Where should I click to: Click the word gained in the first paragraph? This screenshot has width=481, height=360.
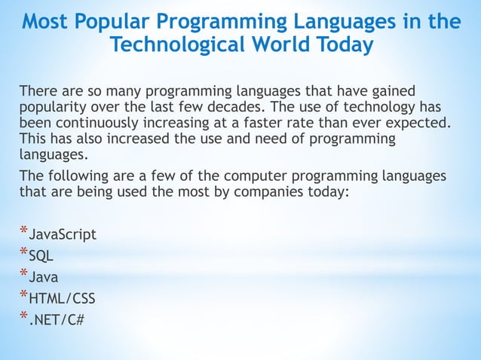pos(393,91)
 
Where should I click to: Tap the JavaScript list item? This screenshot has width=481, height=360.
pos(62,234)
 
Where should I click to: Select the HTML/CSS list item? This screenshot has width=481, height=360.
pos(61,299)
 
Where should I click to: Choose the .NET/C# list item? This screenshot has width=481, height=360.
pos(56,320)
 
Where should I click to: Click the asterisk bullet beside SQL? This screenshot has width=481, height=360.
pos(23,252)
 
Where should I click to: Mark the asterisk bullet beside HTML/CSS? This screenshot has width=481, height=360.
pos(23,295)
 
